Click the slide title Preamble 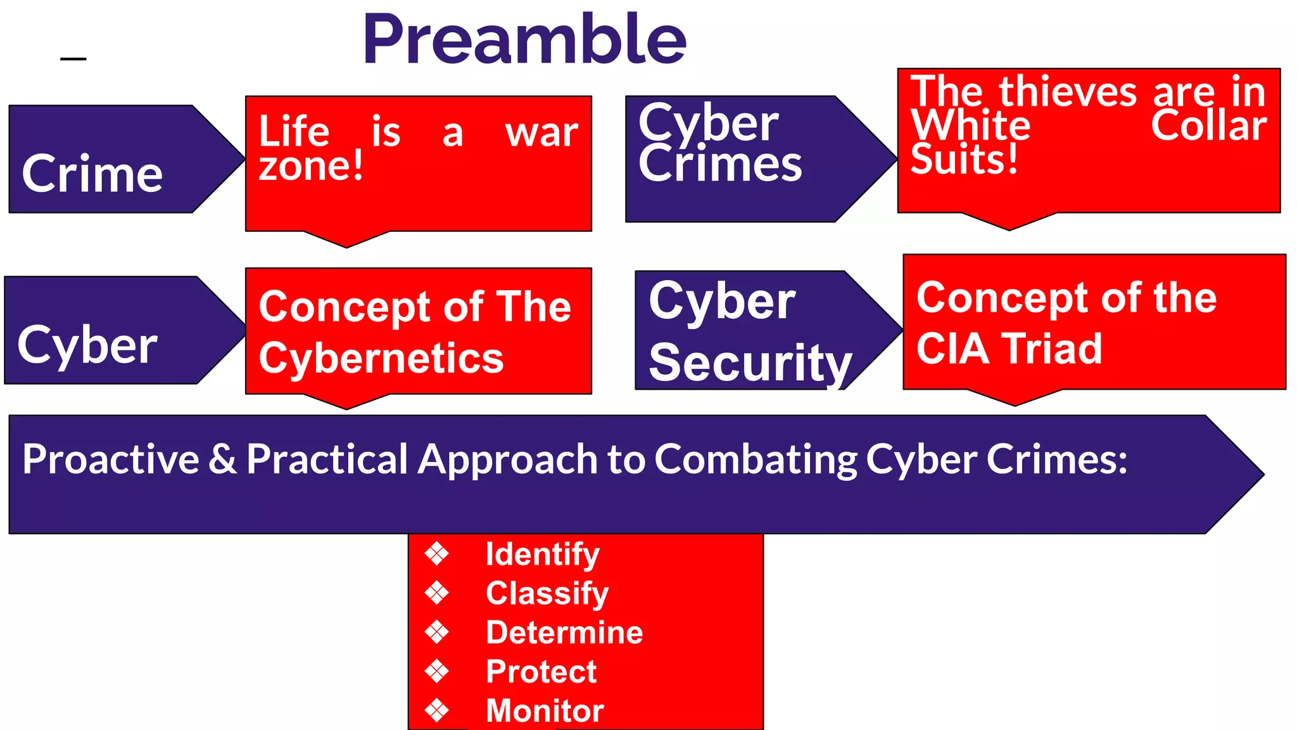tap(524, 39)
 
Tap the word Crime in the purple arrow tap(92, 174)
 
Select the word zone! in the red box tap(311, 166)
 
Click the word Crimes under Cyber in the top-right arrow tap(720, 163)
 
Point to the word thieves tap(1068, 91)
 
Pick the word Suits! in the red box tap(964, 158)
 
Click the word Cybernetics tap(381, 358)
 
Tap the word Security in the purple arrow tap(750, 362)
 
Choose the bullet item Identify tap(542, 554)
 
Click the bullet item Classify tap(547, 593)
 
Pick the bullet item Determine tap(564, 632)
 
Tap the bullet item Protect tap(541, 672)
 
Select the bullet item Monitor tap(545, 710)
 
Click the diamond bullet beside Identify tap(437, 554)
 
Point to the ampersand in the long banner tap(222, 459)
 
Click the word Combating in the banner tap(754, 459)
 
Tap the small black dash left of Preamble tap(73, 59)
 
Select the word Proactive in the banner tap(111, 459)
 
